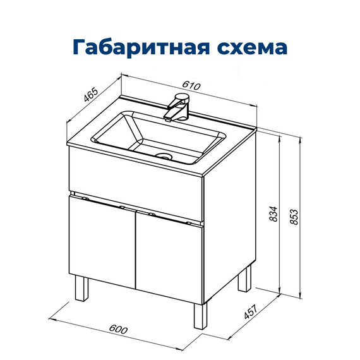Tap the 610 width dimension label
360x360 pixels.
pyautogui.click(x=191, y=87)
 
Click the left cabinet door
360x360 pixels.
pyautogui.click(x=102, y=242)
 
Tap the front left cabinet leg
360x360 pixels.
pyautogui.click(x=81, y=288)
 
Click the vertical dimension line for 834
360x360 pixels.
pyautogui.click(x=279, y=215)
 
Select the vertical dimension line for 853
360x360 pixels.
pyautogui.click(x=299, y=215)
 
